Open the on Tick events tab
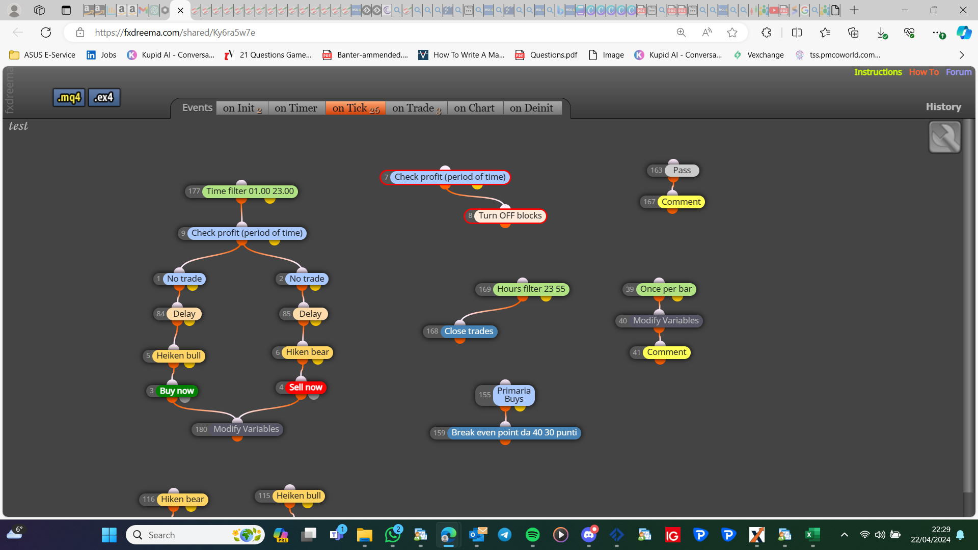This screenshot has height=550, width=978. [356, 108]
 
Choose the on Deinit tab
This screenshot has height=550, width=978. [531, 108]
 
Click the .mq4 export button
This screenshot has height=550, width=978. [69, 97]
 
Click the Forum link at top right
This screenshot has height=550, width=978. [959, 72]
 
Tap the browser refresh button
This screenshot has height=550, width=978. [46, 33]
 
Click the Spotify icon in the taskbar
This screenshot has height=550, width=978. [532, 535]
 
